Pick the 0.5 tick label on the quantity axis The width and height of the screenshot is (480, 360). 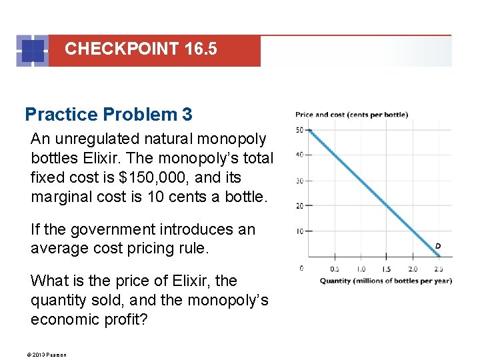click(x=335, y=269)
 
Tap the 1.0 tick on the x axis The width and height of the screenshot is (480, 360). click(x=361, y=269)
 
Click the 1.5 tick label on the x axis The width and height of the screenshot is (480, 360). click(x=387, y=269)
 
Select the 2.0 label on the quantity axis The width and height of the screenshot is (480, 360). click(x=413, y=269)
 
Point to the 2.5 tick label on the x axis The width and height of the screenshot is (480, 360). click(x=438, y=269)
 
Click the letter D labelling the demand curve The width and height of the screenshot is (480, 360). click(x=438, y=247)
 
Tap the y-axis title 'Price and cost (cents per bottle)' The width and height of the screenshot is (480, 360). click(x=351, y=115)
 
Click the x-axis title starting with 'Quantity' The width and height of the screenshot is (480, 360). click(x=385, y=281)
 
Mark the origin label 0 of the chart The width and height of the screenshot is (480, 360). click(x=301, y=268)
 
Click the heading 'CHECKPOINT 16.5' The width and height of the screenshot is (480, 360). click(x=141, y=49)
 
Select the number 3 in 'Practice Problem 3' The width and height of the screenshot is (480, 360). click(x=187, y=115)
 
